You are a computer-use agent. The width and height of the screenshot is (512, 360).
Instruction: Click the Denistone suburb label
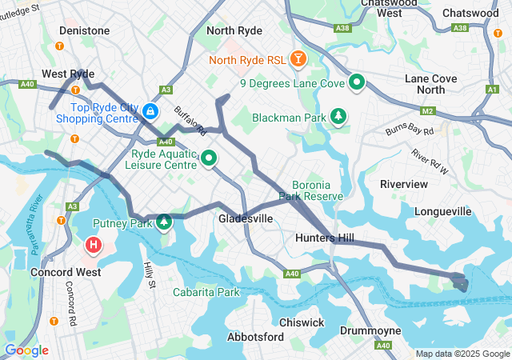84,30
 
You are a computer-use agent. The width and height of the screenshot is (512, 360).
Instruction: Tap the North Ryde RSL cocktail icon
298,59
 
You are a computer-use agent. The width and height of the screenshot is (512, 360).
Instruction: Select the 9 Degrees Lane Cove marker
356,82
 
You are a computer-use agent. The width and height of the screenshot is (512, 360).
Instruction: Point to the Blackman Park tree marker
339,117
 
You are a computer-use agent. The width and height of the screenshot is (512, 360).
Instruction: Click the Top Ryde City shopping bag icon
150,111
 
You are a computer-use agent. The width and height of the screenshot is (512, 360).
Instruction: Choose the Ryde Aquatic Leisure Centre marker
209,158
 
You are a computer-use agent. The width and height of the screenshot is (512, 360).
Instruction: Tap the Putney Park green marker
164,222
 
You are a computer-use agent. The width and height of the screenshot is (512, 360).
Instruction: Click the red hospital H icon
94,243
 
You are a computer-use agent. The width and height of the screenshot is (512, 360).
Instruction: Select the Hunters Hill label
324,238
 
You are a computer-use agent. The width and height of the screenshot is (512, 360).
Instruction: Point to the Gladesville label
246,218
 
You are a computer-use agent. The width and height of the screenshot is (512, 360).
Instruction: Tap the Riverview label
404,183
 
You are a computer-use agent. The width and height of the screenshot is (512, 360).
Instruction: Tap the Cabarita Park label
206,292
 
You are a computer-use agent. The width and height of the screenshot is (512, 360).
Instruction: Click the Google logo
26,350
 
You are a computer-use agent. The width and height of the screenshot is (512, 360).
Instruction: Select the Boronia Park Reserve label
317,190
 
